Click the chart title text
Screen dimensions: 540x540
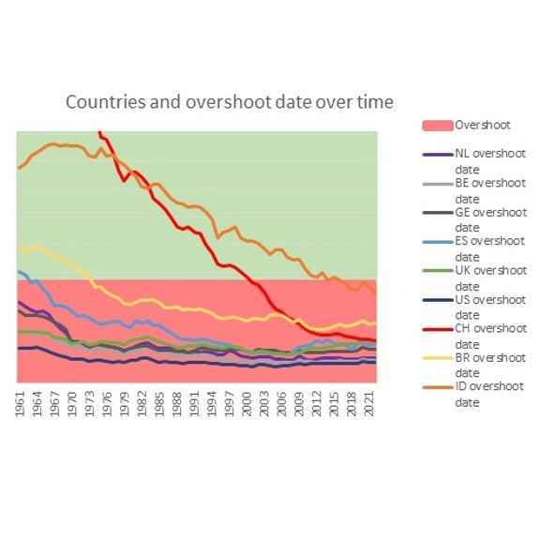[x=229, y=101]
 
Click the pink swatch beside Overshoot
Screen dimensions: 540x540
[x=438, y=125]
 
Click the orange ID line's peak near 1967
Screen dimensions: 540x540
[x=52, y=143]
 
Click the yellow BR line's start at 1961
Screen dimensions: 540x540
[x=19, y=250]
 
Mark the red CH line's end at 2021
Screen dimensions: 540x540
[x=375, y=341]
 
